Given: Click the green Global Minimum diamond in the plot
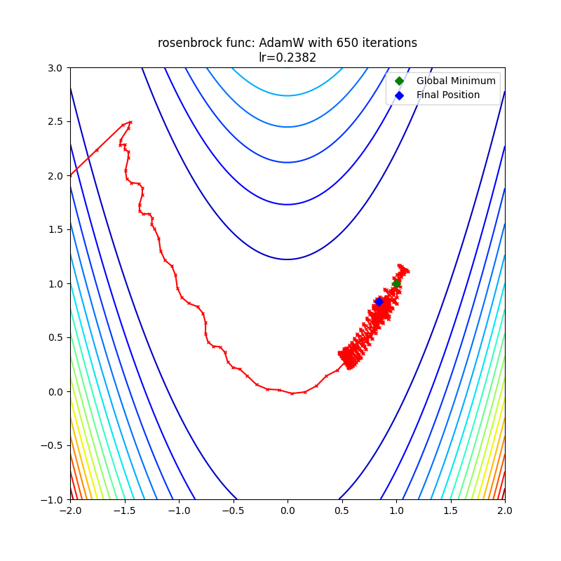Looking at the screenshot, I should (x=396, y=283).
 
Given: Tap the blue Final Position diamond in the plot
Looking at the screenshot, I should (x=379, y=302).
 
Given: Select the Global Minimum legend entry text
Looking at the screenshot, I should (x=456, y=81).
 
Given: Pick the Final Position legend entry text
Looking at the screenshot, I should (x=448, y=95).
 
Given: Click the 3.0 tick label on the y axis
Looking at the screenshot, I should (x=55, y=68).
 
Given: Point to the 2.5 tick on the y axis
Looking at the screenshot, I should (x=55, y=122).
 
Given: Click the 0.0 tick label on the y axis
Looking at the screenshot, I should (x=55, y=392).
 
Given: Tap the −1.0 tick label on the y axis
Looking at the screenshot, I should (x=52, y=500).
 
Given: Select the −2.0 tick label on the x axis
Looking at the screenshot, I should (x=70, y=511).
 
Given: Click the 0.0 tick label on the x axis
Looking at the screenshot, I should (x=288, y=511).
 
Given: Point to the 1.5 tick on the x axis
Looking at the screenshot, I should (x=451, y=511).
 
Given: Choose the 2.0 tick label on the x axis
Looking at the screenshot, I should (x=505, y=511).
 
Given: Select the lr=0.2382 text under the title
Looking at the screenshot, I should (x=288, y=58).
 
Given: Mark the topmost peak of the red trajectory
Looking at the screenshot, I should (x=130, y=122).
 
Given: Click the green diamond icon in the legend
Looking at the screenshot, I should (x=400, y=81).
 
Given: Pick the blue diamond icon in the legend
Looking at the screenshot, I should (x=400, y=95).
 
